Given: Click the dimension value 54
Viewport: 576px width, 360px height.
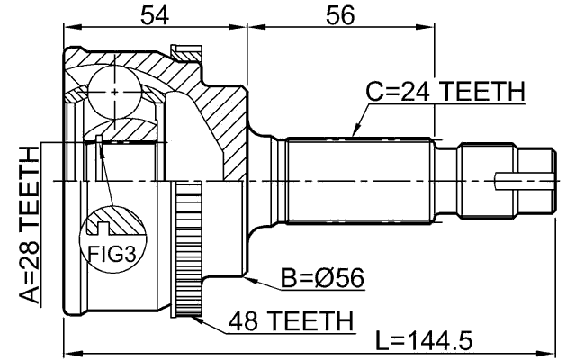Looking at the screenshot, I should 156,14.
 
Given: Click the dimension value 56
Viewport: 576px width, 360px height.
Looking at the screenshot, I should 340,14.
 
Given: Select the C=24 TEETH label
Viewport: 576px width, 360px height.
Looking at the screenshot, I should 445,91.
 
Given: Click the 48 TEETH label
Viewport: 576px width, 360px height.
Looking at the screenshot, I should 290,319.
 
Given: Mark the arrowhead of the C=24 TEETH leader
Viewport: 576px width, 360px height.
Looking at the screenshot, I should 353,135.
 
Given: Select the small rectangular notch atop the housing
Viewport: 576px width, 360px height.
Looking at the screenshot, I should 187,51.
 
